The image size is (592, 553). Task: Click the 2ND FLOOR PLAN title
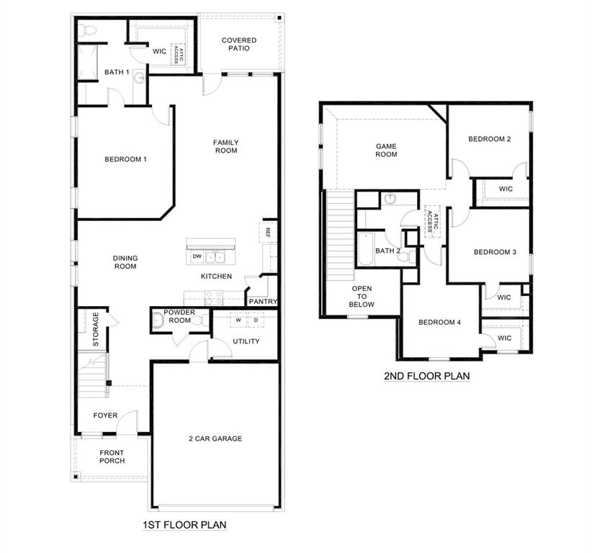click(x=426, y=375)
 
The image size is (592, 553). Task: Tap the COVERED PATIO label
click(x=238, y=45)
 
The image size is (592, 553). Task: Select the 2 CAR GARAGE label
click(x=215, y=439)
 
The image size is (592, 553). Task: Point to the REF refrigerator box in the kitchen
click(x=267, y=232)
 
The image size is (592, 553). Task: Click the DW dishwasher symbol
click(x=196, y=256)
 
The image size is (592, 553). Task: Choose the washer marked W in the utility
click(x=237, y=320)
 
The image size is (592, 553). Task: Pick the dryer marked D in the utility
click(x=254, y=320)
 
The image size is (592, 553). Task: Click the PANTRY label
click(x=263, y=302)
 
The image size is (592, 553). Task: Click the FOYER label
click(x=105, y=415)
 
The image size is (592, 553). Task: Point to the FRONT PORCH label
click(x=112, y=457)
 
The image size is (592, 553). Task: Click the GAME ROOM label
click(x=386, y=150)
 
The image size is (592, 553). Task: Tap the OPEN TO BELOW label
click(x=362, y=296)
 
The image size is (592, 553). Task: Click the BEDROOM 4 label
click(x=439, y=322)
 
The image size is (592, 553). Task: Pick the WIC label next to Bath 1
click(x=159, y=51)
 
